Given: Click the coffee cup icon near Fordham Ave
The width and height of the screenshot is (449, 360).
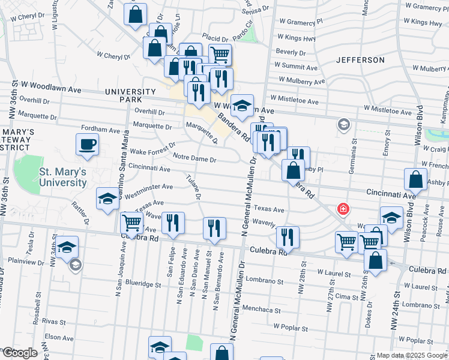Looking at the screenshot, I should (88, 145).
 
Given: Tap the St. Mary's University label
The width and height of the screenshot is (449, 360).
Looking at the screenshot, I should (62, 177).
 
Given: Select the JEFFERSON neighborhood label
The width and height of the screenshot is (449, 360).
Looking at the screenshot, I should (360, 60).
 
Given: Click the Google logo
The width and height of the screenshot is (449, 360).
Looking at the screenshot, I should (19, 353).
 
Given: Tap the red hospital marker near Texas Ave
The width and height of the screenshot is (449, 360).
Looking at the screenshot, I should (343, 209).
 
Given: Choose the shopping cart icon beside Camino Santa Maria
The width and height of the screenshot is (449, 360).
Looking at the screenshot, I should (131, 223).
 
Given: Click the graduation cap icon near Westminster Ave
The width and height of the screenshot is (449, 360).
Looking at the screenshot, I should (107, 199).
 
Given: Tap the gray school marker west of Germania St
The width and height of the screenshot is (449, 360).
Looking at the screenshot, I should (343, 125).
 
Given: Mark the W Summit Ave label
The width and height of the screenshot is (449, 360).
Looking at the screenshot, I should (298, 65).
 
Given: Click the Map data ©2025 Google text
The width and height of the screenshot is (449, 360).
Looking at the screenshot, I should (411, 355).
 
